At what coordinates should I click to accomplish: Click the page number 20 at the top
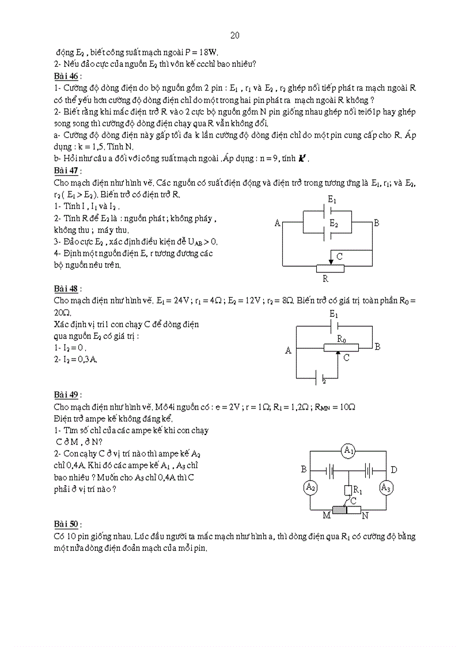[235, 36]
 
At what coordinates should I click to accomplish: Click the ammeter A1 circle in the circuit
[348, 451]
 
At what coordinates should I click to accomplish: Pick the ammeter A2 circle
[310, 487]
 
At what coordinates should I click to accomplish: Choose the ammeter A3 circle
[386, 487]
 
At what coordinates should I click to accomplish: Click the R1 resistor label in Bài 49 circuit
[358, 490]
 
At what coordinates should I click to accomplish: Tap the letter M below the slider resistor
[326, 515]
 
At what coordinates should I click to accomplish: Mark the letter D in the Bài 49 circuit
[393, 470]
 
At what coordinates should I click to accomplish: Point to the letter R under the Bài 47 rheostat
[325, 278]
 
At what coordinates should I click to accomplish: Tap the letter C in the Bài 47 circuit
[339, 256]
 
